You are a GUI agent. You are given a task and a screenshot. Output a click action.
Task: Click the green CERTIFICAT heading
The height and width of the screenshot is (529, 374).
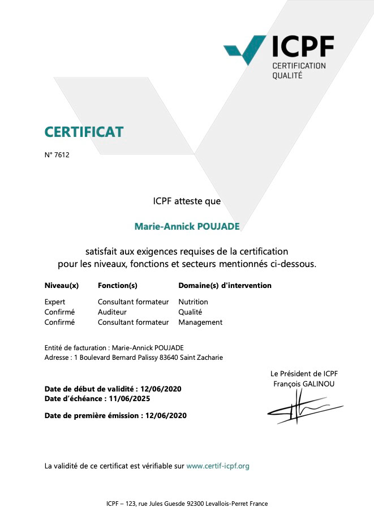84,132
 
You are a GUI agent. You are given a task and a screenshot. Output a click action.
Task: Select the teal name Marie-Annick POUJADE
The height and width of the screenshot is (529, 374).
187,226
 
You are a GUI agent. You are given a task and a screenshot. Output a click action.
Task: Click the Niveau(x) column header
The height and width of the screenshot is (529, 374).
61,286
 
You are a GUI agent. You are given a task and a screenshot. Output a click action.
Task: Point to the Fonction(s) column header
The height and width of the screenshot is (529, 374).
118,286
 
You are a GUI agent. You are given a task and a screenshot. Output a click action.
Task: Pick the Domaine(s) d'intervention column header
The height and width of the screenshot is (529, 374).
225,286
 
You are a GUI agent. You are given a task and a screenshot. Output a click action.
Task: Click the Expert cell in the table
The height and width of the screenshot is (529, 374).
55,302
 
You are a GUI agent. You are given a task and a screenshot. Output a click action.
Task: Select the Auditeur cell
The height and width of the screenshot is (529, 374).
112,312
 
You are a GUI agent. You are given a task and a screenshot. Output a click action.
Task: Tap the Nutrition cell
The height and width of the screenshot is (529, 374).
193,302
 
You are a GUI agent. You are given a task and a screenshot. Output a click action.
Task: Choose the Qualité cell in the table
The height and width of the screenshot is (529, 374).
190,312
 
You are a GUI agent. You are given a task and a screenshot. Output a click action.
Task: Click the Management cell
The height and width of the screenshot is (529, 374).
200,322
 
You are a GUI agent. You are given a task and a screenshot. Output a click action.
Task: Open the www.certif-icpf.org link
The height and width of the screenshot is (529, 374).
218,466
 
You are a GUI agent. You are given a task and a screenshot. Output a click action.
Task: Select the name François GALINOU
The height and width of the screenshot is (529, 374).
304,384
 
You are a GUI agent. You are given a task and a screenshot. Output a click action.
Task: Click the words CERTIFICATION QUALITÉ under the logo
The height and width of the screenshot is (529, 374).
299,70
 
